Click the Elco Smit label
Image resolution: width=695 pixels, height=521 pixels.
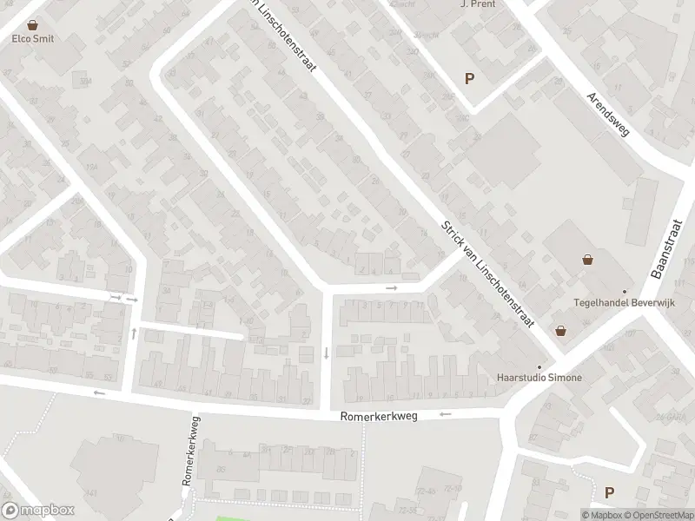tap(33, 38)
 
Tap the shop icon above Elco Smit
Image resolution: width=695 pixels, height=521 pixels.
tap(33, 25)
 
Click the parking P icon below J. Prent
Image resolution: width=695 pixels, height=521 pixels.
tap(470, 78)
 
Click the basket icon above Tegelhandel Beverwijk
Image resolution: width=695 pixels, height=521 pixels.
tap(588, 259)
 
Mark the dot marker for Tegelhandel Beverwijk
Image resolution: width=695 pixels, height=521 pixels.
tap(624, 292)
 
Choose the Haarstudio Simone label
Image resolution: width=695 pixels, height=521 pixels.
tap(539, 378)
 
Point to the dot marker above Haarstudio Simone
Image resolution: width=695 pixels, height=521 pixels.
tap(539, 366)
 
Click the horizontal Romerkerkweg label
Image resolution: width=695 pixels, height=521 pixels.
tap(379, 417)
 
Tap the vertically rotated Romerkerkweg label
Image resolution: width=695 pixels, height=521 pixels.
tap(190, 449)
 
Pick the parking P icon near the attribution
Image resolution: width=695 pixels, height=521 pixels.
tap(610, 492)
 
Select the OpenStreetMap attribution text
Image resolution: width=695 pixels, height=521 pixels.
tap(659, 515)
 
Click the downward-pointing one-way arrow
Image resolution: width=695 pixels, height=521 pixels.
tap(326, 353)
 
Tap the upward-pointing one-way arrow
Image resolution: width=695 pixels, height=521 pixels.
tap(134, 333)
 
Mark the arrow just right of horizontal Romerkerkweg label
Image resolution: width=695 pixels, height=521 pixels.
tap(446, 414)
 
